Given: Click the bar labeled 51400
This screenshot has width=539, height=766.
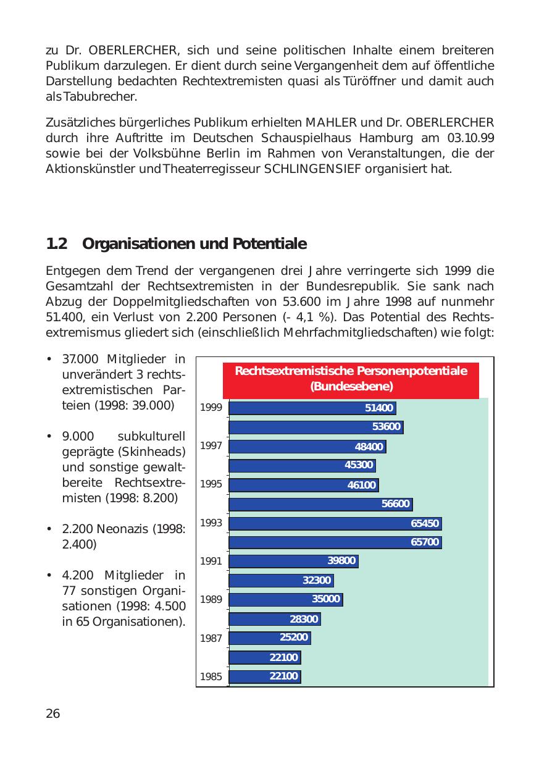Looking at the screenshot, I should coord(312,408).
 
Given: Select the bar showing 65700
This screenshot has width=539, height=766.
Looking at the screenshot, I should coord(335,542).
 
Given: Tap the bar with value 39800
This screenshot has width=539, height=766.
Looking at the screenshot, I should coord(293,561).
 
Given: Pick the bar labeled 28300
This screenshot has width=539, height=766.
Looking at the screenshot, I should coord(275,619).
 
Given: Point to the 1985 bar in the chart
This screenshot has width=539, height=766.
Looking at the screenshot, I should coord(264,676).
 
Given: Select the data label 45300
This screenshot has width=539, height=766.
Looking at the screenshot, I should coord(359,465).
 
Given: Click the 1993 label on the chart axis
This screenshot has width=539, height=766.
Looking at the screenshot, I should coord(211,523).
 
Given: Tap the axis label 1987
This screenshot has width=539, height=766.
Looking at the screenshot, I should coord(211,639).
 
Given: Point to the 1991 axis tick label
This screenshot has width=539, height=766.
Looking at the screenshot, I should coord(211,562).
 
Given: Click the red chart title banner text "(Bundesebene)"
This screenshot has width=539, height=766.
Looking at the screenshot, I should coord(351,387).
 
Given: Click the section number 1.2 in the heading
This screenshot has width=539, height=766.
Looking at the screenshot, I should coord(56,244).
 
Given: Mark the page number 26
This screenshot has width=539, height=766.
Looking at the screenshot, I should coord(53,714).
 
